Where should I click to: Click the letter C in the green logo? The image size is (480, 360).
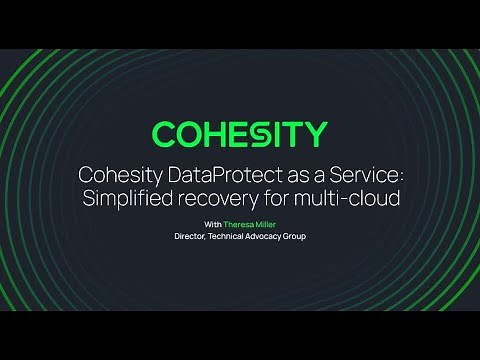(166, 134)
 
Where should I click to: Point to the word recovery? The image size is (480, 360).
(228, 197)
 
